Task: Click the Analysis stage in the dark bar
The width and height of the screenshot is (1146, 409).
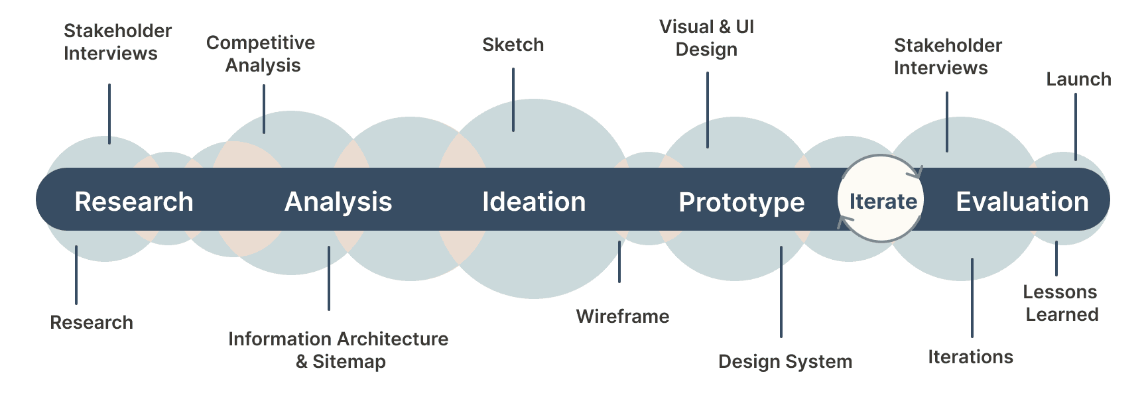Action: click(x=338, y=202)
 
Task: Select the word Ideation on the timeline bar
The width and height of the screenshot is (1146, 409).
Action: click(x=534, y=202)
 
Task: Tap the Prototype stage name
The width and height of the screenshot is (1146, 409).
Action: click(x=741, y=203)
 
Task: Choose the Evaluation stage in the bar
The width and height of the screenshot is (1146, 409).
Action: click(x=1022, y=202)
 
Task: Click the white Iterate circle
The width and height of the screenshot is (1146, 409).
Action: click(x=881, y=199)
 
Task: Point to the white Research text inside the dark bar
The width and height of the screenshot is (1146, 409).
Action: click(x=134, y=202)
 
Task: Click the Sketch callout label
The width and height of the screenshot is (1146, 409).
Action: click(x=513, y=45)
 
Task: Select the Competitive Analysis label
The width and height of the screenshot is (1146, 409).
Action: click(x=261, y=54)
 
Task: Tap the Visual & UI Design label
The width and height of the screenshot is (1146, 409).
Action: click(x=706, y=38)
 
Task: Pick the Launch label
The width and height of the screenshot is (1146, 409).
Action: click(x=1078, y=80)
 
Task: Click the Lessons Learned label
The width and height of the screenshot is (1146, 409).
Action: click(x=1060, y=303)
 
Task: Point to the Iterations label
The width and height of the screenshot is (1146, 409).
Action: click(x=970, y=357)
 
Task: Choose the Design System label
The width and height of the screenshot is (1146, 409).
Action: click(x=785, y=362)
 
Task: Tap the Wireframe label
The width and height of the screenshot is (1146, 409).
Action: click(x=623, y=316)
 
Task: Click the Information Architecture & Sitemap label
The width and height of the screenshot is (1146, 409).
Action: click(x=338, y=350)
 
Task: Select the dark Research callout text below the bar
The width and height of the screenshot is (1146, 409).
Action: click(x=92, y=323)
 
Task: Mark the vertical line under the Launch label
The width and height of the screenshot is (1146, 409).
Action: click(x=1076, y=127)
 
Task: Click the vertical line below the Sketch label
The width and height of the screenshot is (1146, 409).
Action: click(x=513, y=99)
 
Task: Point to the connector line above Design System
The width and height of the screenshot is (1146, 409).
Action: click(x=781, y=292)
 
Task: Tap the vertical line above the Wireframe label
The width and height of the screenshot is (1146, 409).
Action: click(x=619, y=262)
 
